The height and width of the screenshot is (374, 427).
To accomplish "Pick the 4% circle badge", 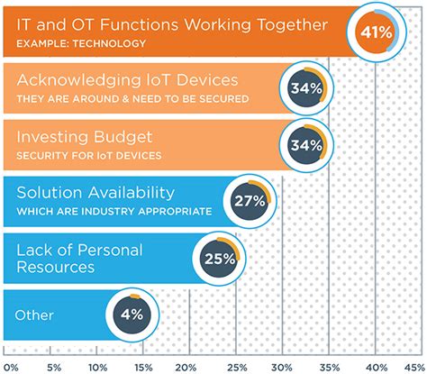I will pyautogui.click(x=132, y=315).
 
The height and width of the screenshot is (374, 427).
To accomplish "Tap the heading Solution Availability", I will pyautogui.click(x=86, y=194).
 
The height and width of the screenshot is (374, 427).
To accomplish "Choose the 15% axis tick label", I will pyautogui.click(x=142, y=366).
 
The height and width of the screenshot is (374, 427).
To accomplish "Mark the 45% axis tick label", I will pyautogui.click(x=414, y=366).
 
